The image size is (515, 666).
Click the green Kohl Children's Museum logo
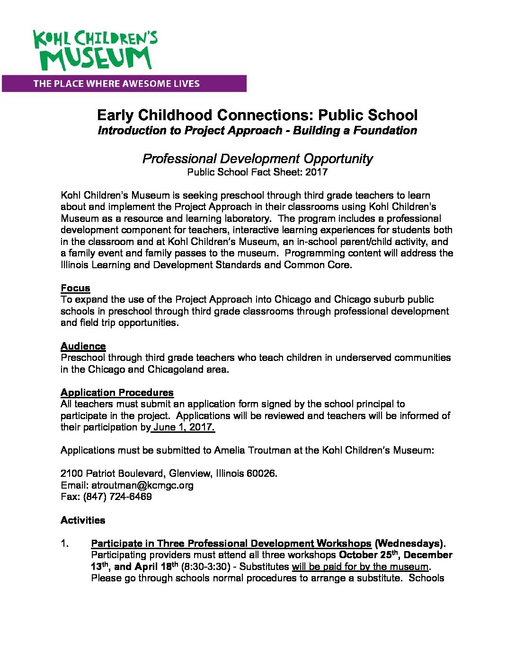click(95, 50)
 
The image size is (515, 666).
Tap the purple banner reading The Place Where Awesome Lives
click(124, 84)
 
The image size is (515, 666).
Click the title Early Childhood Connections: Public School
click(257, 115)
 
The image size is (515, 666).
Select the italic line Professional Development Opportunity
click(257, 158)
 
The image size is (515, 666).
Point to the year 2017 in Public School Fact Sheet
click(316, 172)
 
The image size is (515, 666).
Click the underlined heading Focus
click(75, 288)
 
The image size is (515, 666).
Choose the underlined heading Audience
click(83, 346)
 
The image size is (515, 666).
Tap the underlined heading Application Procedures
click(117, 393)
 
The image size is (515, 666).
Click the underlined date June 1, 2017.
click(184, 427)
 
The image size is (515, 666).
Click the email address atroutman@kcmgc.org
click(142, 485)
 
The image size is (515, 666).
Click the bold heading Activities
click(83, 520)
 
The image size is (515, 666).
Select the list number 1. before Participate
click(65, 543)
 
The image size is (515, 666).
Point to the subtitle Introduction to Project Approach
click(189, 131)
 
